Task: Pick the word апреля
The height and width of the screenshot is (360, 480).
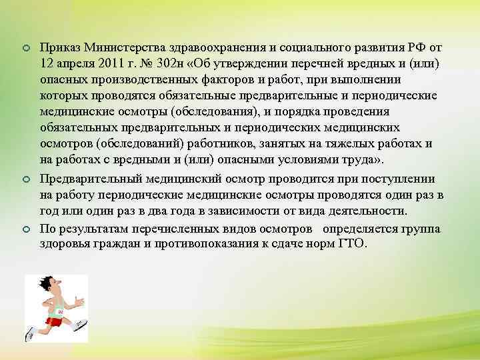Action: pyautogui.click(x=69, y=63)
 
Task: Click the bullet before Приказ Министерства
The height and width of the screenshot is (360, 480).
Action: pyautogui.click(x=25, y=49)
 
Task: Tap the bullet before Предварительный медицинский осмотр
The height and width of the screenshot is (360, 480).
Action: pyautogui.click(x=25, y=180)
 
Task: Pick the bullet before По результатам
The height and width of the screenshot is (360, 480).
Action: pyautogui.click(x=25, y=228)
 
